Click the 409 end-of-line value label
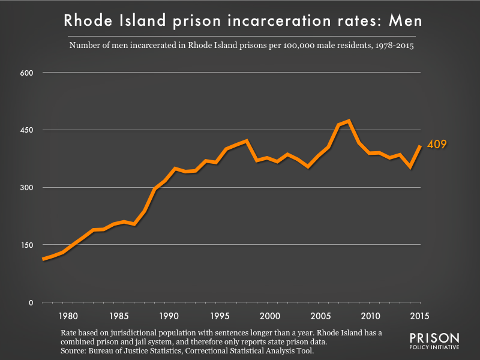pos(436,145)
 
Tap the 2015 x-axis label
pos(420,316)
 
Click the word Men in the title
pos(404,20)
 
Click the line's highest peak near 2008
pos(349,121)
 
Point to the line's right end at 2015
pos(419,146)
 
